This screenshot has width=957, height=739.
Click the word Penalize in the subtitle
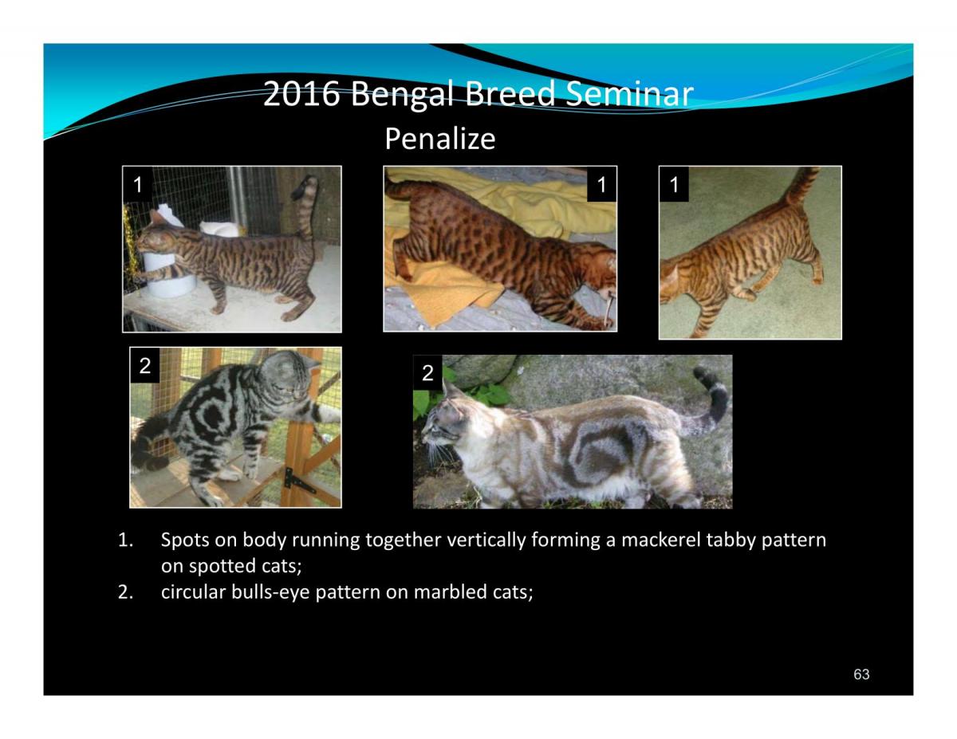440,139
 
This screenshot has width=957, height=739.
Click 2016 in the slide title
301,93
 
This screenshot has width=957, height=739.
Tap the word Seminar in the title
629,93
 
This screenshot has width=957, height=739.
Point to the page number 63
861,674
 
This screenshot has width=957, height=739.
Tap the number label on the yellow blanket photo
601,184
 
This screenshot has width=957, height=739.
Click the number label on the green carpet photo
674,184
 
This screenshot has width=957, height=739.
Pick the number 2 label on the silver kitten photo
145,365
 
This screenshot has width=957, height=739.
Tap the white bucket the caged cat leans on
170,273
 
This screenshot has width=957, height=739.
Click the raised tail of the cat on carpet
802,187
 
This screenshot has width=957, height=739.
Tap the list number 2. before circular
125,592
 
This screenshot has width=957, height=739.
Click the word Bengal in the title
402,94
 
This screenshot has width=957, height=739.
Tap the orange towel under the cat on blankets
436,290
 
